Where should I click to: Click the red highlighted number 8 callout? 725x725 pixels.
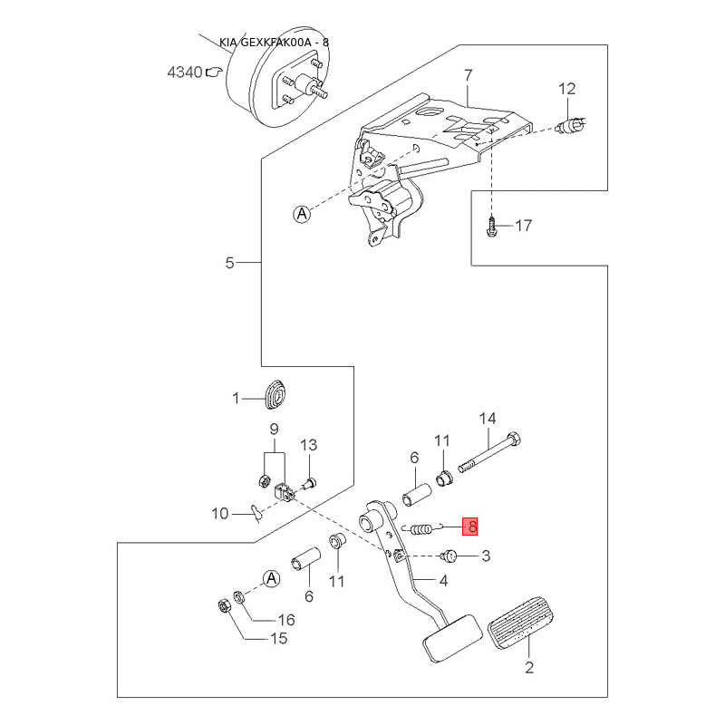(x=469, y=527)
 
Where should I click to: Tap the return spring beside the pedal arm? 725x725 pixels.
(x=421, y=528)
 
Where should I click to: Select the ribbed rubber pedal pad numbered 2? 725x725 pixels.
(x=520, y=623)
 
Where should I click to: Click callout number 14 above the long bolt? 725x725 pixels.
(x=488, y=419)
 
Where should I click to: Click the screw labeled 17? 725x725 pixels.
(x=491, y=228)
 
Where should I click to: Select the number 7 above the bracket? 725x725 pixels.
(x=469, y=75)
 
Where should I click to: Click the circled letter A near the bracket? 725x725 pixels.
(x=302, y=214)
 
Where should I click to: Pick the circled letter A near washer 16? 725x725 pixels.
(x=271, y=578)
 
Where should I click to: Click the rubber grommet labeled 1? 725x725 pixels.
(x=276, y=394)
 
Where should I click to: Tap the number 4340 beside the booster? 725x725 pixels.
(x=185, y=72)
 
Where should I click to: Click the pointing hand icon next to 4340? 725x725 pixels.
(x=214, y=72)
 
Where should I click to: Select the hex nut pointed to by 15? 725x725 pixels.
(x=224, y=605)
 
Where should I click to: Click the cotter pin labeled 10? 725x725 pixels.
(x=256, y=513)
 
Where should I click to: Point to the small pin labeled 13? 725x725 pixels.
(x=310, y=484)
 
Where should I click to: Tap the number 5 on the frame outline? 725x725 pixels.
(x=230, y=263)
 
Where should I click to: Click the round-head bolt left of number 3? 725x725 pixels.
(x=448, y=556)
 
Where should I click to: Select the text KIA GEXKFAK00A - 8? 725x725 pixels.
(x=274, y=43)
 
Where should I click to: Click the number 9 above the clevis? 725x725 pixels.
(x=275, y=430)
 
